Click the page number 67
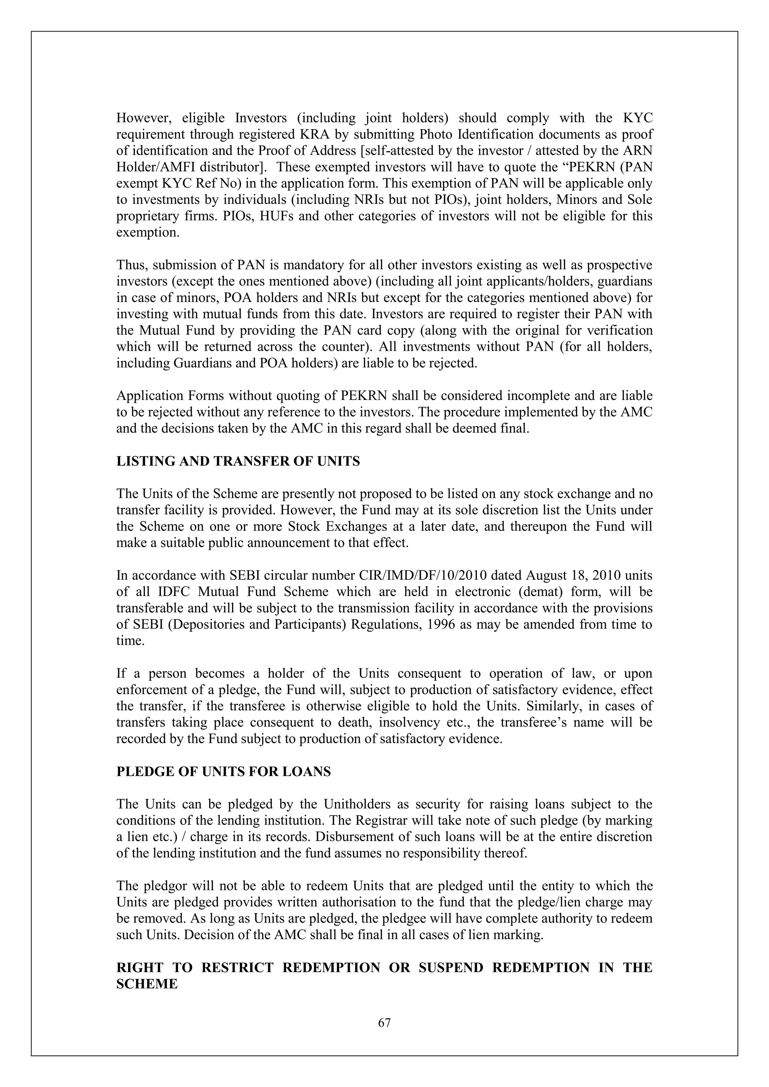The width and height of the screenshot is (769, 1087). [384, 1023]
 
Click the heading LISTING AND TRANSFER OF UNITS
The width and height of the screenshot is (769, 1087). [238, 461]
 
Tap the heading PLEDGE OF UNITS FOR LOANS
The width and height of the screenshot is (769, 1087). [223, 772]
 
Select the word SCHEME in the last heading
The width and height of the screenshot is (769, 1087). [147, 984]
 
